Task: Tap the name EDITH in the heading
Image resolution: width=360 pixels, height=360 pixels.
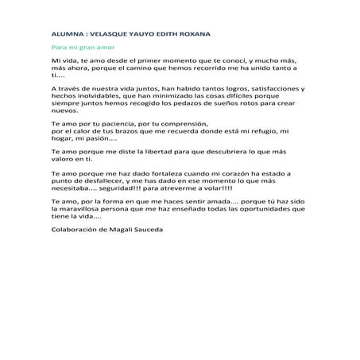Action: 178,35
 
